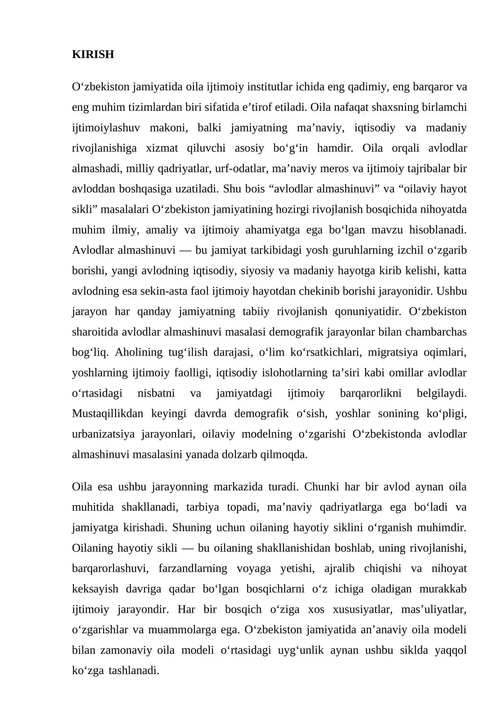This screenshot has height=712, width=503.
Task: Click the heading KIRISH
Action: tap(93, 54)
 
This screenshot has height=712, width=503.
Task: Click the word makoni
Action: tap(169, 128)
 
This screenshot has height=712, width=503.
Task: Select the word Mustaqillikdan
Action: tap(108, 414)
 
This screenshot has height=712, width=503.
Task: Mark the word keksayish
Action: tap(95, 589)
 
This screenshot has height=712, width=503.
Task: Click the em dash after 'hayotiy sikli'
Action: tap(188, 548)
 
